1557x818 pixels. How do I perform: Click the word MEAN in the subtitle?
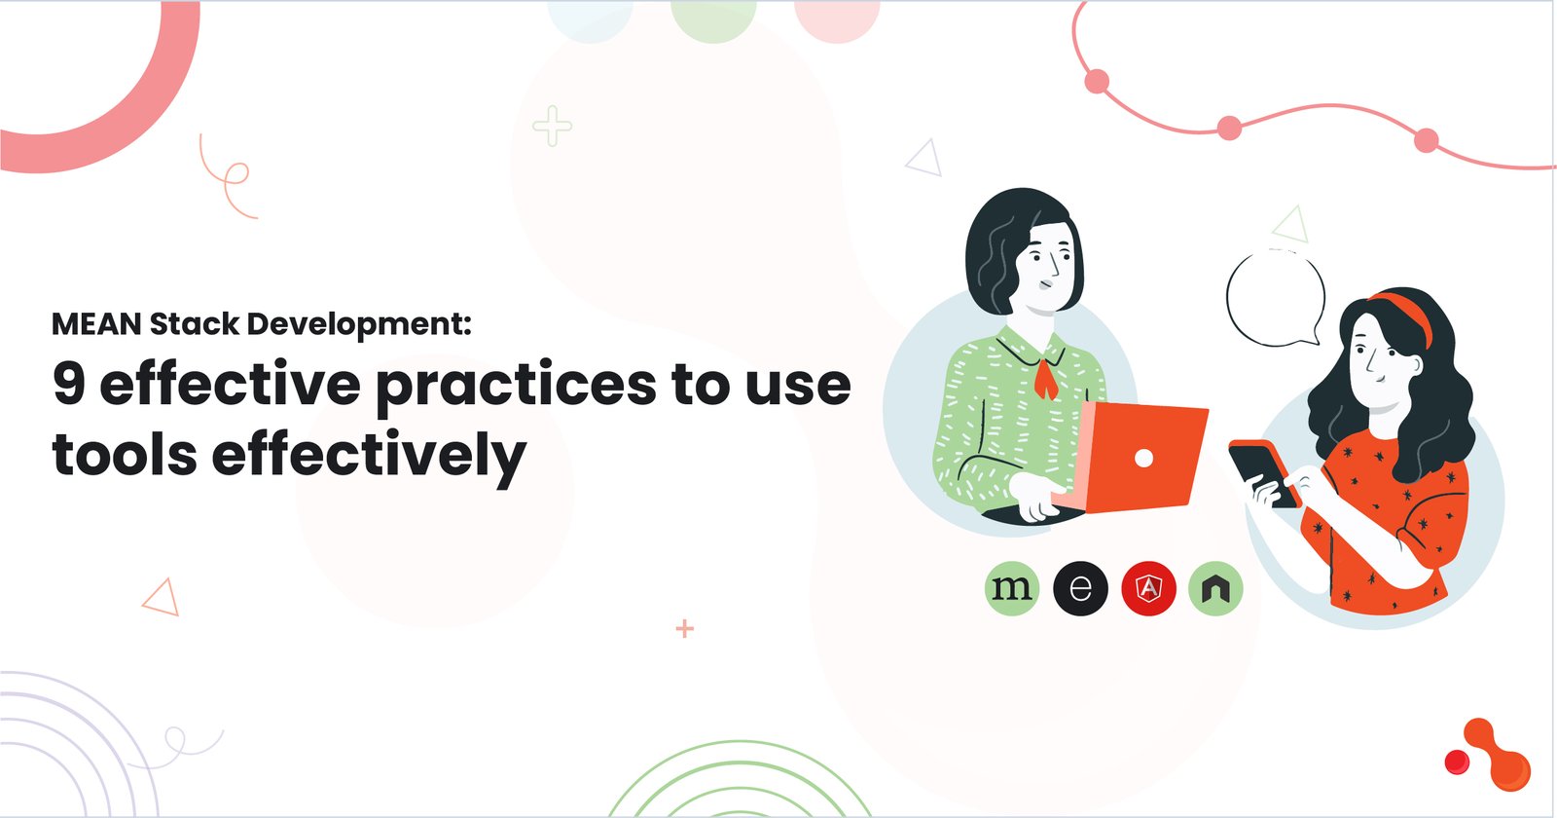point(96,323)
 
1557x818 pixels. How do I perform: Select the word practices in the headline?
point(516,386)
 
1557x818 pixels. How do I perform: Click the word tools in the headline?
point(125,455)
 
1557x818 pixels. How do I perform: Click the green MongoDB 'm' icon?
point(1012,588)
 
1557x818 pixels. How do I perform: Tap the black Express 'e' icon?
point(1080,588)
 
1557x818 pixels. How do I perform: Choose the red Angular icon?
point(1148,588)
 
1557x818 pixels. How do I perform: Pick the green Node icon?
point(1215,588)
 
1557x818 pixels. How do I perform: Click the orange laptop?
point(1143,457)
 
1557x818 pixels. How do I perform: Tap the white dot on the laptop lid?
point(1144,458)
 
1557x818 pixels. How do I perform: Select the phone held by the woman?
point(1263,472)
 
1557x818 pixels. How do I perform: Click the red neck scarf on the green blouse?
point(1045,378)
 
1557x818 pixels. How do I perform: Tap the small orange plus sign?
point(685,629)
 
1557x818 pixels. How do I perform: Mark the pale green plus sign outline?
point(552,127)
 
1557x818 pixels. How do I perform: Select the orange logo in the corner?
point(1489,756)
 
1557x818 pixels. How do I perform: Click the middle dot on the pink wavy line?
point(1229,128)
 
